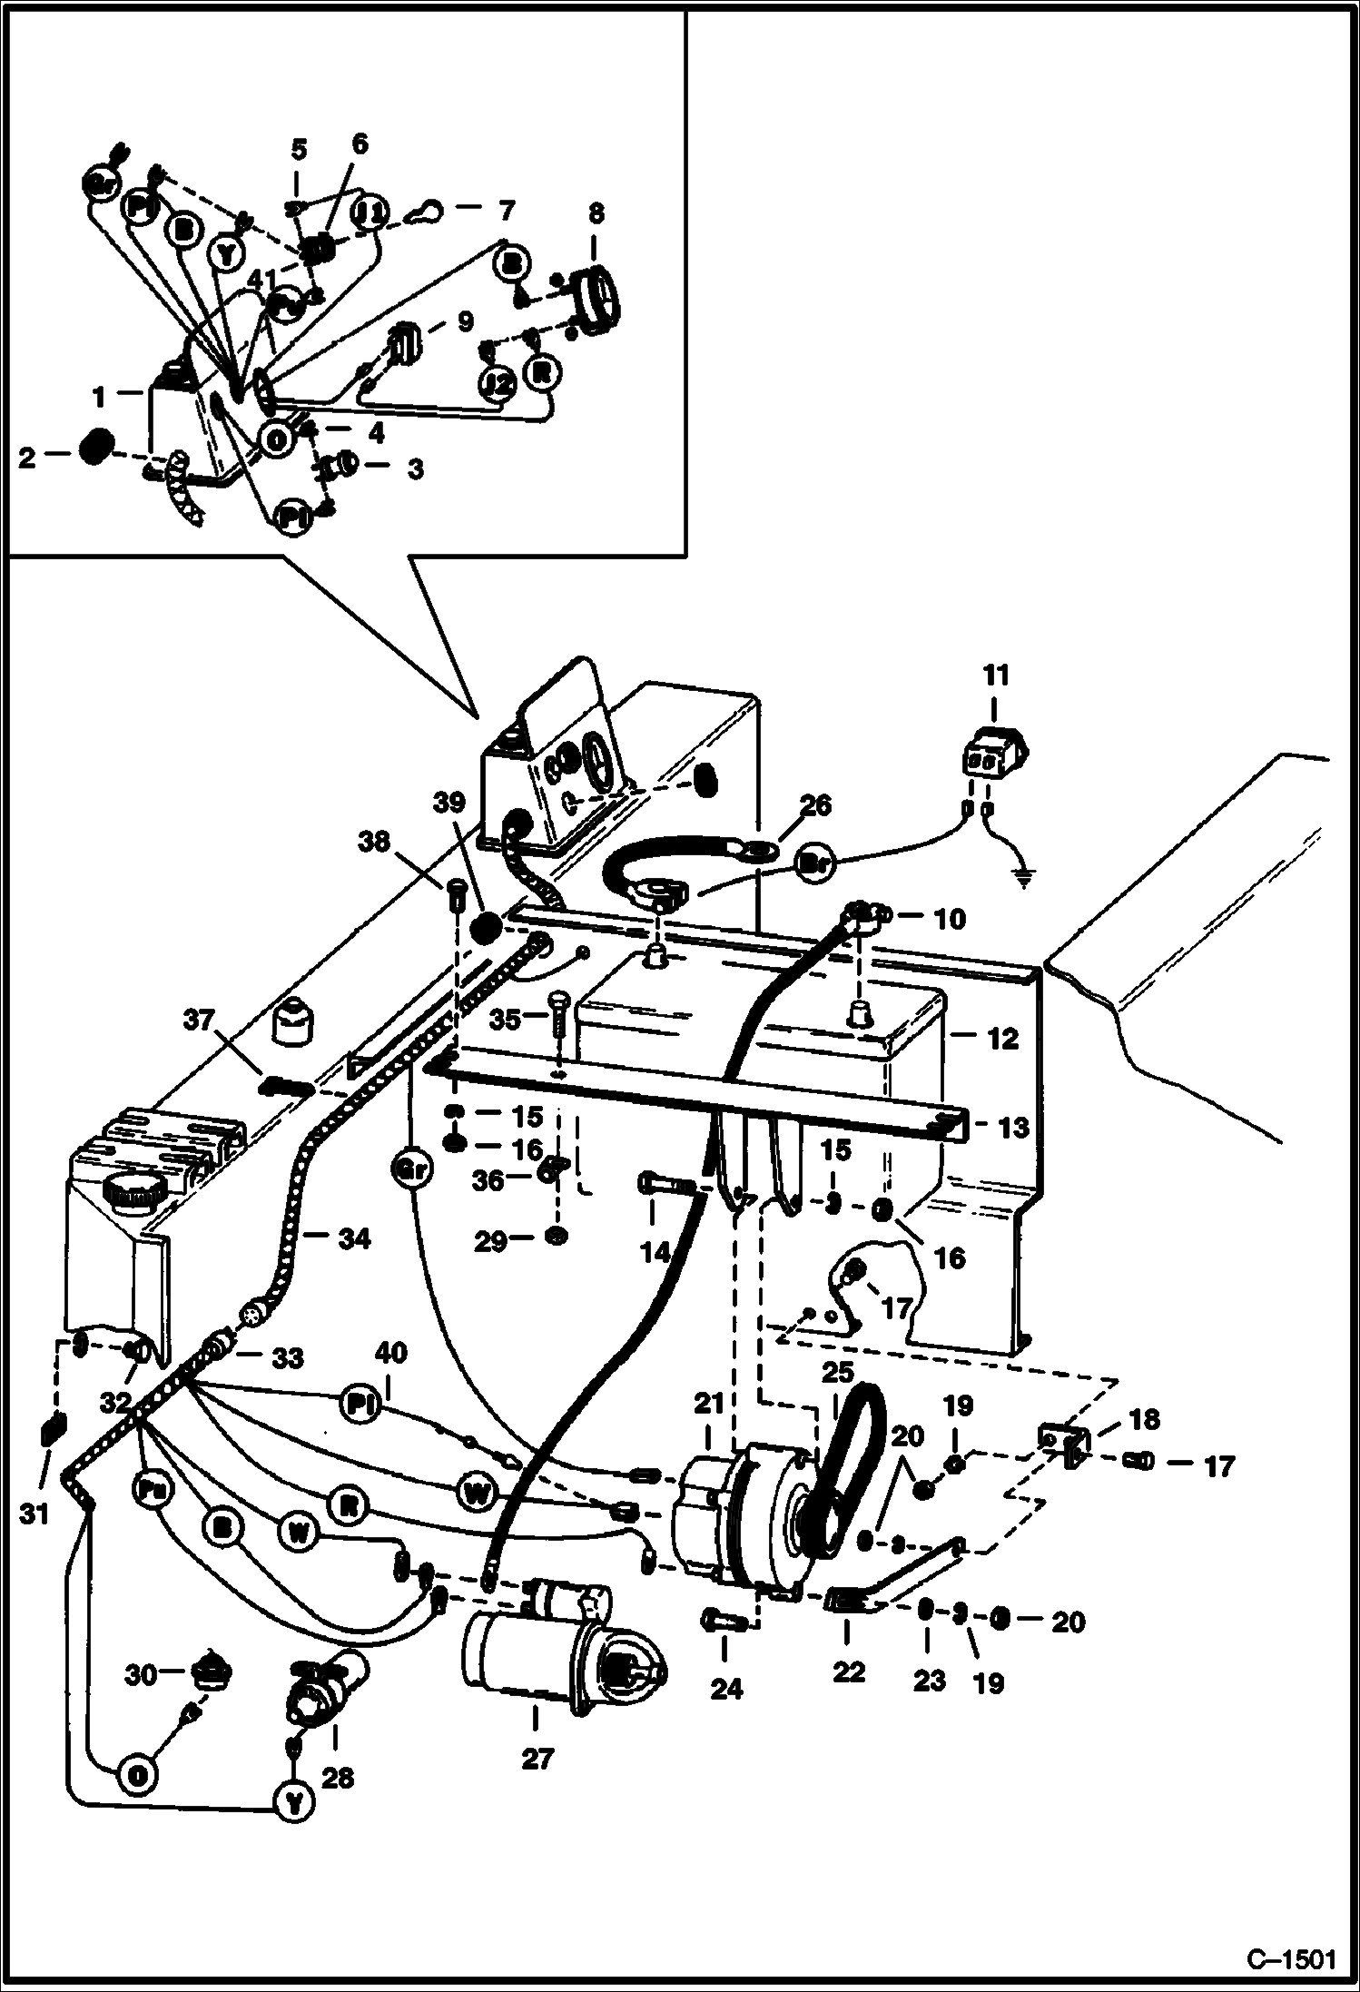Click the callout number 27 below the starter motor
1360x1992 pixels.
coord(537,1759)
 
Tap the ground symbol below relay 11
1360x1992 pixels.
coord(1023,879)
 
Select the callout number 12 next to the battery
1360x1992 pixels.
coord(1002,1039)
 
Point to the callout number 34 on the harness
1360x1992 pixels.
coord(353,1238)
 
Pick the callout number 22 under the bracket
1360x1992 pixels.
coord(849,1672)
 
